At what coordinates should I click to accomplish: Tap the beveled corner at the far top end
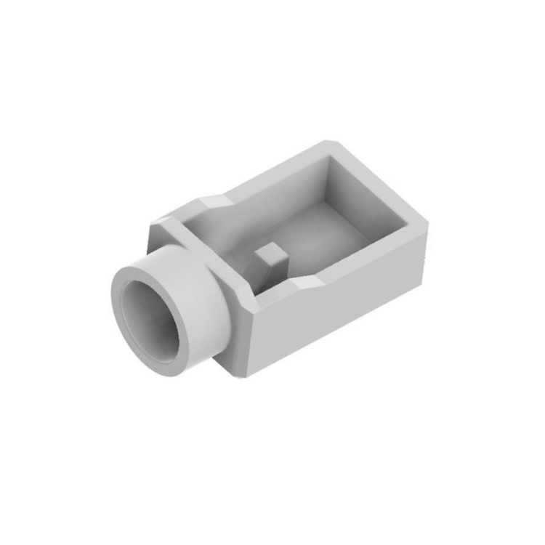point(328,144)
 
